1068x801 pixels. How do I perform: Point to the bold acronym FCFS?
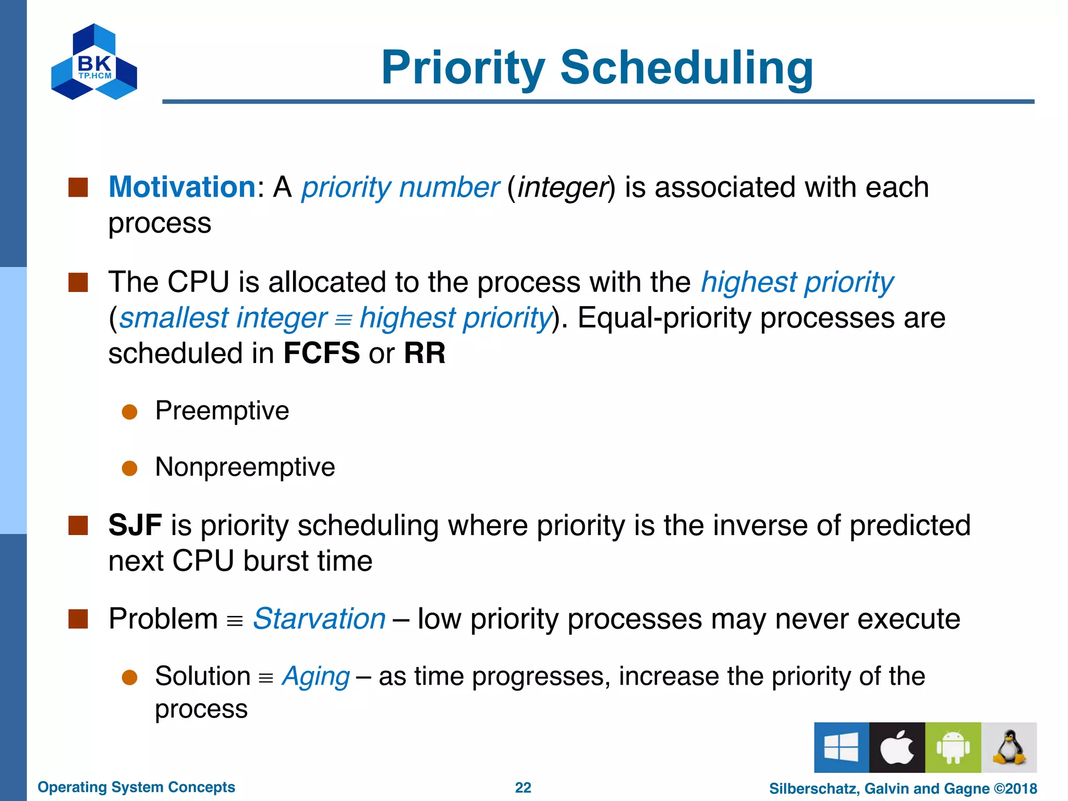321,353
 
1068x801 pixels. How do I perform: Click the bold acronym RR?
424,353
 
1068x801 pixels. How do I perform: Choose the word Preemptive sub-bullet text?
222,411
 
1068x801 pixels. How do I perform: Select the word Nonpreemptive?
245,467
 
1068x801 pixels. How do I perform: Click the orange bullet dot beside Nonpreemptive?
129,468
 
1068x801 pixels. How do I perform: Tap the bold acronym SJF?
135,525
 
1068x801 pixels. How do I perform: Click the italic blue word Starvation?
319,619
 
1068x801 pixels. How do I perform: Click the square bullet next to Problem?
78,619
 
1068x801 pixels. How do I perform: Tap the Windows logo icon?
841,747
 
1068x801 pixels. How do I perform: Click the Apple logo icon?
897,747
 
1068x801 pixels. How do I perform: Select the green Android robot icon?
953,747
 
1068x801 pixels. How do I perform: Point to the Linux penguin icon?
1009,747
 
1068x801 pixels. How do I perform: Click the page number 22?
523,787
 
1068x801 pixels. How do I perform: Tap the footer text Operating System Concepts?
136,787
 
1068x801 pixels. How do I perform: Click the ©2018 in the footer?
1015,788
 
